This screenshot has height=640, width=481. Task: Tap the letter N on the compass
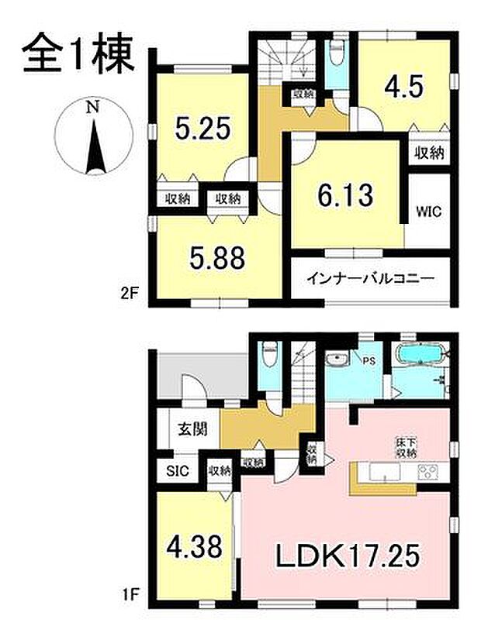pyautogui.click(x=92, y=108)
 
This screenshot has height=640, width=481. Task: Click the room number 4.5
pyautogui.click(x=403, y=86)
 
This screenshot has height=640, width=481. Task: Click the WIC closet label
pyautogui.click(x=428, y=211)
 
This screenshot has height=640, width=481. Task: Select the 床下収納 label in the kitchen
pyautogui.click(x=405, y=449)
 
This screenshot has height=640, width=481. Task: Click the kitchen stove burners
pyautogui.click(x=427, y=473)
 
